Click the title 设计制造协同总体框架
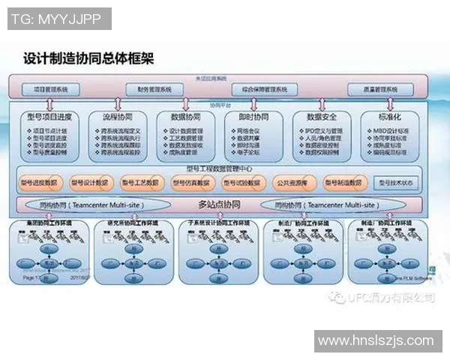click(88, 58)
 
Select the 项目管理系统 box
click(51, 89)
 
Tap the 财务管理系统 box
click(154, 89)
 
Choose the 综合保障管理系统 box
click(259, 89)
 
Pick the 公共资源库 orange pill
click(293, 182)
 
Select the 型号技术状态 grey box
click(396, 182)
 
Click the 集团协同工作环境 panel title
click(46, 223)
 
